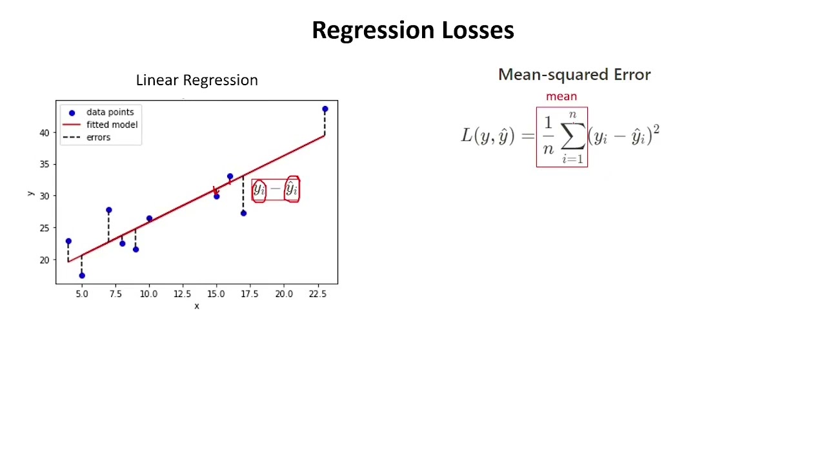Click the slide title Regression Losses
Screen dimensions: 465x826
click(x=412, y=30)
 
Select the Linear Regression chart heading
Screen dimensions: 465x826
click(x=197, y=80)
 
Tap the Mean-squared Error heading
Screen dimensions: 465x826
click(x=574, y=74)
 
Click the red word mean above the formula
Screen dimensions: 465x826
click(x=561, y=96)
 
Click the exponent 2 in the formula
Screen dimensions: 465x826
click(x=656, y=129)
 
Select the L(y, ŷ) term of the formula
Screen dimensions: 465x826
click(x=488, y=136)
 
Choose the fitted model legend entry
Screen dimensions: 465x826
click(x=112, y=125)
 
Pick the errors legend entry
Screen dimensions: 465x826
click(x=98, y=138)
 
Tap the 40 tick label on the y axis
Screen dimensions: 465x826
click(x=45, y=132)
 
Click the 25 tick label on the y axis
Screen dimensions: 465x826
click(x=45, y=228)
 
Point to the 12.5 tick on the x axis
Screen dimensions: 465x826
click(x=182, y=294)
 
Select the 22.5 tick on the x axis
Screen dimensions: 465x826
click(x=317, y=294)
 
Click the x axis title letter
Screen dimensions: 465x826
click(x=197, y=306)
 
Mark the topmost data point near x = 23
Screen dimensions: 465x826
click(x=325, y=109)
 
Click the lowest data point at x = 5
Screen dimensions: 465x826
click(x=82, y=276)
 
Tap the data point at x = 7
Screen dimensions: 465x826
click(x=108, y=210)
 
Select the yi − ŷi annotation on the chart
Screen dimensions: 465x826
click(x=276, y=189)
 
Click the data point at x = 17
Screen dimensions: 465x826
click(x=243, y=213)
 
